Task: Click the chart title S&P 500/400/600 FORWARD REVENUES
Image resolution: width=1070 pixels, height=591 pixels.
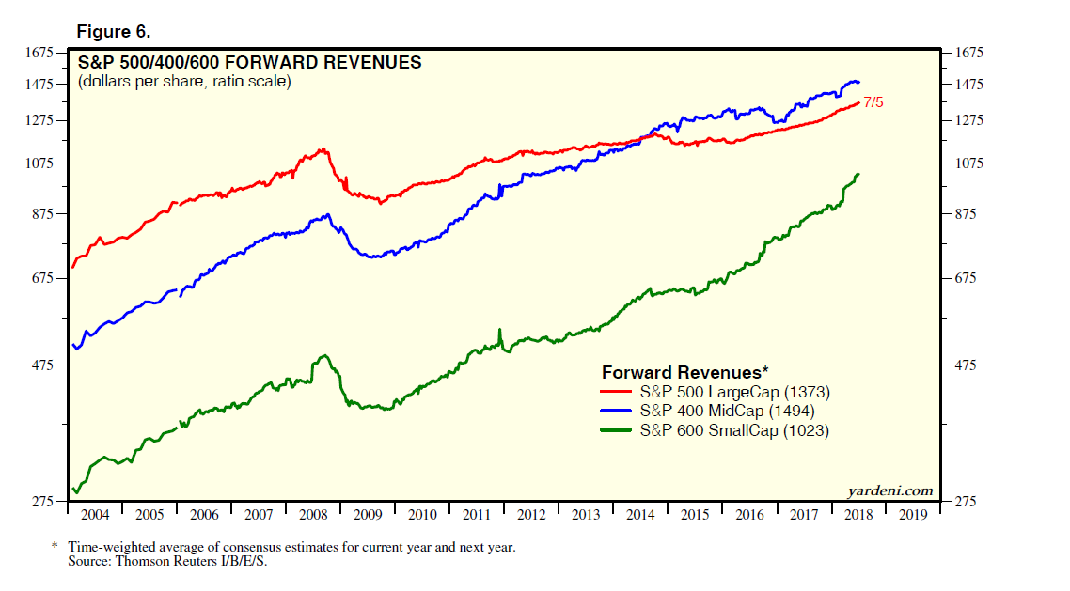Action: [x=249, y=63]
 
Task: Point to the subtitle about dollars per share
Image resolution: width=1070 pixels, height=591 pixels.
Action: [x=184, y=82]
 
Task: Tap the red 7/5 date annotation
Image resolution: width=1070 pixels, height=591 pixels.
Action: [x=873, y=102]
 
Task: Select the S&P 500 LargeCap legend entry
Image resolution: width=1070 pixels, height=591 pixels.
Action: [x=733, y=392]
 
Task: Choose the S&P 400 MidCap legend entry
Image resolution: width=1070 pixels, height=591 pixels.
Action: [x=726, y=411]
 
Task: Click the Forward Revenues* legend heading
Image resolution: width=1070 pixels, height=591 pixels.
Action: [x=685, y=370]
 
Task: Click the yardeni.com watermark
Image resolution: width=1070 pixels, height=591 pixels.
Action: [x=890, y=490]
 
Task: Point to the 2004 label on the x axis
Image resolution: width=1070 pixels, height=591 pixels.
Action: [x=95, y=515]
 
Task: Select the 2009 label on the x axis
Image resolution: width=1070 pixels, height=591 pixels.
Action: [x=368, y=515]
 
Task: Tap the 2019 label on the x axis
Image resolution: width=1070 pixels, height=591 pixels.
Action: [x=913, y=515]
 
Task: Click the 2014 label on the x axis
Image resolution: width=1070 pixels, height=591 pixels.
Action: [x=640, y=515]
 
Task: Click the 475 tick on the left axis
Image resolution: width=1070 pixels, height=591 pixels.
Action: [x=45, y=365]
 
